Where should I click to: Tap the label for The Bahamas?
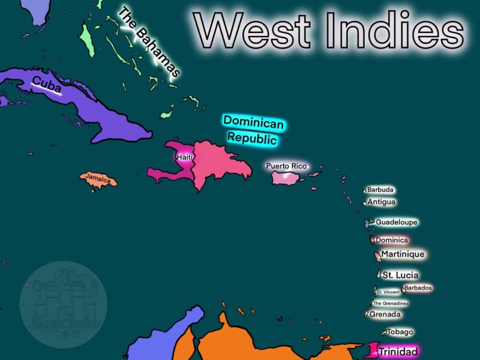(149, 42)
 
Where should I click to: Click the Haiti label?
(184, 157)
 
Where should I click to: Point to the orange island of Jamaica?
(98, 179)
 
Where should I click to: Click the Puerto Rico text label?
(286, 166)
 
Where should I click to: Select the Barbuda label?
(380, 190)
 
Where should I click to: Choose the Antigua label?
(382, 202)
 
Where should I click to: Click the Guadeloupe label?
(396, 222)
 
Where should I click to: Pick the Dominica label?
(392, 240)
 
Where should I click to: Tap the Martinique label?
(403, 254)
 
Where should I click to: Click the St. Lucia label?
(400, 275)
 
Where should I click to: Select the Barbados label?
(418, 288)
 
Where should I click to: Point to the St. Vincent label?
(388, 292)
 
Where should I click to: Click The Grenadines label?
(391, 303)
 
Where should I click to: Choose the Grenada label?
(385, 314)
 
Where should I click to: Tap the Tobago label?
(400, 332)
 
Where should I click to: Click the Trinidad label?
(398, 351)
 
